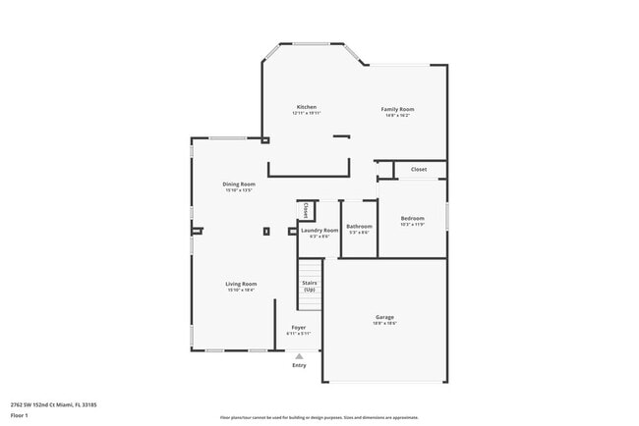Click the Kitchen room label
coord(307,107)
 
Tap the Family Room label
coord(398,109)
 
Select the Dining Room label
coord(239,185)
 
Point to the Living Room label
coord(242,284)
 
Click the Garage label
coord(384,317)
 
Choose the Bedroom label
coord(413,218)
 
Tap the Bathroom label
coord(359,227)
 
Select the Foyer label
coord(298,327)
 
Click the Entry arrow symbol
coord(299,356)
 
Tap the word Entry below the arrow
coord(299,365)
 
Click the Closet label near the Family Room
coord(419,169)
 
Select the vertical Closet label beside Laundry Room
coord(306,210)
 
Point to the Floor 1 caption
coord(21,414)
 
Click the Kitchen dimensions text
coord(307,113)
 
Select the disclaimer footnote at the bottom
coord(319,417)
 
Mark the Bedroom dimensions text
coord(413,224)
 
